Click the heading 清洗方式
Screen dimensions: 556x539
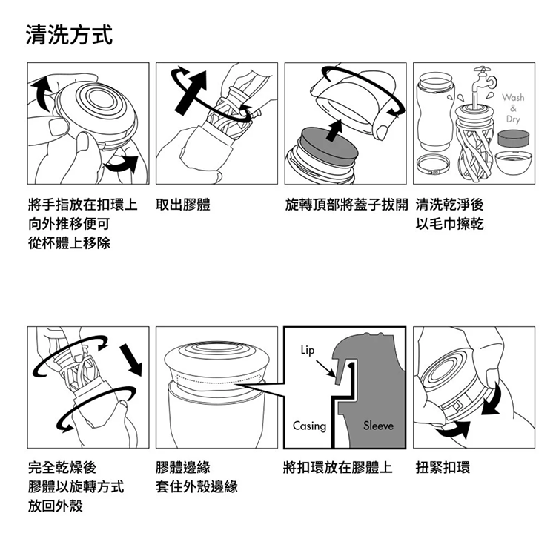pos(70,35)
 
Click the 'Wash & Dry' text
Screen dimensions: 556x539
pos(513,108)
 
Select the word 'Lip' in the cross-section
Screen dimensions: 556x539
pos(308,351)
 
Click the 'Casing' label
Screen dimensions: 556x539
pos(309,426)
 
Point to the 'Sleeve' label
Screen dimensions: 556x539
pos(378,425)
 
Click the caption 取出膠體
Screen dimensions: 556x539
pos(183,205)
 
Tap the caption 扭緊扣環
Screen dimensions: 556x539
pos(443,467)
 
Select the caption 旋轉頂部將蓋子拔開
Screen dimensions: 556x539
pos(346,205)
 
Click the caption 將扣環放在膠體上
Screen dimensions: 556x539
pos(338,467)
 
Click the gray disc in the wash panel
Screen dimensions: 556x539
pos(514,139)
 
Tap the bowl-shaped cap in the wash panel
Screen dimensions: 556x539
pos(513,162)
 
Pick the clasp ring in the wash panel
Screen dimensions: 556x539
pos(434,165)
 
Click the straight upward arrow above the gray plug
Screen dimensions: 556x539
pos(334,130)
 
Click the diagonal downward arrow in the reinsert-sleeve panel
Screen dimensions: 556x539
pos(131,360)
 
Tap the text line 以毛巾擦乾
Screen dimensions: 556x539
pos(450,224)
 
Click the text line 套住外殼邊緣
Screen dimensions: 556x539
pos(196,486)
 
